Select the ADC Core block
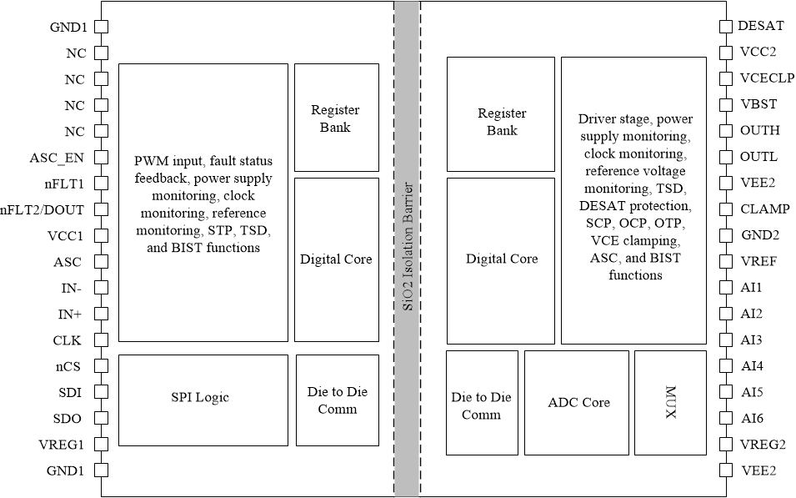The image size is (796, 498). point(578,402)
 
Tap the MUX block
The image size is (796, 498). point(671,402)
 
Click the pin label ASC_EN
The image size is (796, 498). point(57,157)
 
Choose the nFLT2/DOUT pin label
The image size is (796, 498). point(43,209)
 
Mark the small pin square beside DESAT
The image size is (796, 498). point(726,26)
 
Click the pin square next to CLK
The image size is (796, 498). point(100,340)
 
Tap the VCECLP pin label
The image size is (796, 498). point(767,78)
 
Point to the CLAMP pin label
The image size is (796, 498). point(763,209)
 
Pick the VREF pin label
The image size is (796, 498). point(758,261)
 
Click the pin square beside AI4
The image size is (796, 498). point(726,366)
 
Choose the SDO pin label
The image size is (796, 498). point(68,419)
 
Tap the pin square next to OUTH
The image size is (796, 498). point(726,131)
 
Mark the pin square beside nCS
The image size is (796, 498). point(100,366)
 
